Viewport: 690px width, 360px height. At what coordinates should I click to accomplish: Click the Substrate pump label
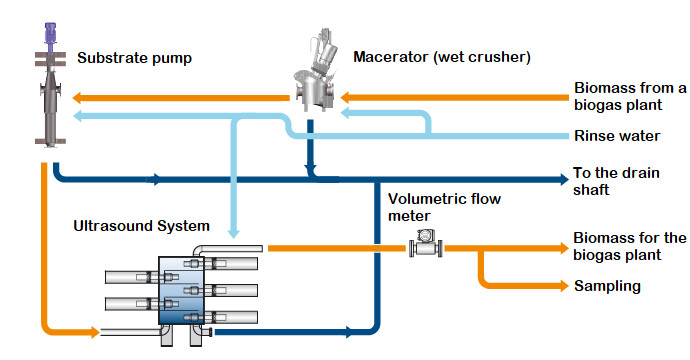(x=135, y=59)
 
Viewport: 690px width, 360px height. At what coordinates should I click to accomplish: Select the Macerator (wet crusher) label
(x=442, y=57)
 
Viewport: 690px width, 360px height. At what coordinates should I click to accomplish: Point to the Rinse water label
(x=617, y=136)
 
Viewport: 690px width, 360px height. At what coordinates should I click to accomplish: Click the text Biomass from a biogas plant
(x=630, y=96)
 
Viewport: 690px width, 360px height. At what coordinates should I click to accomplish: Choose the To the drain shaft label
(x=616, y=181)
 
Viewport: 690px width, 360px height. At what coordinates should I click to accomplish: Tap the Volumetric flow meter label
(x=444, y=207)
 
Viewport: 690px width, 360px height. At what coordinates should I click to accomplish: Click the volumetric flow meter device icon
(x=426, y=243)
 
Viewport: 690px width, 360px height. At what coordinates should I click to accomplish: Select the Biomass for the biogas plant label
(x=630, y=246)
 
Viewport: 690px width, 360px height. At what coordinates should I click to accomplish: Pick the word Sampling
(x=607, y=287)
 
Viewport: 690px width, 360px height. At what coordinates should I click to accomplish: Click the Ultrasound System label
(x=141, y=226)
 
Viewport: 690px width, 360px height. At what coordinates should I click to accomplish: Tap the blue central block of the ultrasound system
(x=181, y=290)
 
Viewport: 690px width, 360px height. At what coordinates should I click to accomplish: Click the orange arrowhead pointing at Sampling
(x=564, y=286)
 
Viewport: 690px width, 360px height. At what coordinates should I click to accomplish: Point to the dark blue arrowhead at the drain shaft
(x=564, y=179)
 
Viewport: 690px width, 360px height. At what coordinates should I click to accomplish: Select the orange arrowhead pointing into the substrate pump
(x=77, y=98)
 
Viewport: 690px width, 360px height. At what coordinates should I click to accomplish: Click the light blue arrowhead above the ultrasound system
(x=234, y=233)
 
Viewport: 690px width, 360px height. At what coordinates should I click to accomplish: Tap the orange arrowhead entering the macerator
(x=345, y=98)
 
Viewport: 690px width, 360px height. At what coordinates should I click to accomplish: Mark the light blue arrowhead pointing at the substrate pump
(x=77, y=116)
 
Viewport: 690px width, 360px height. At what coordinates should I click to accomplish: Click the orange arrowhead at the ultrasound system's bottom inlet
(x=95, y=332)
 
